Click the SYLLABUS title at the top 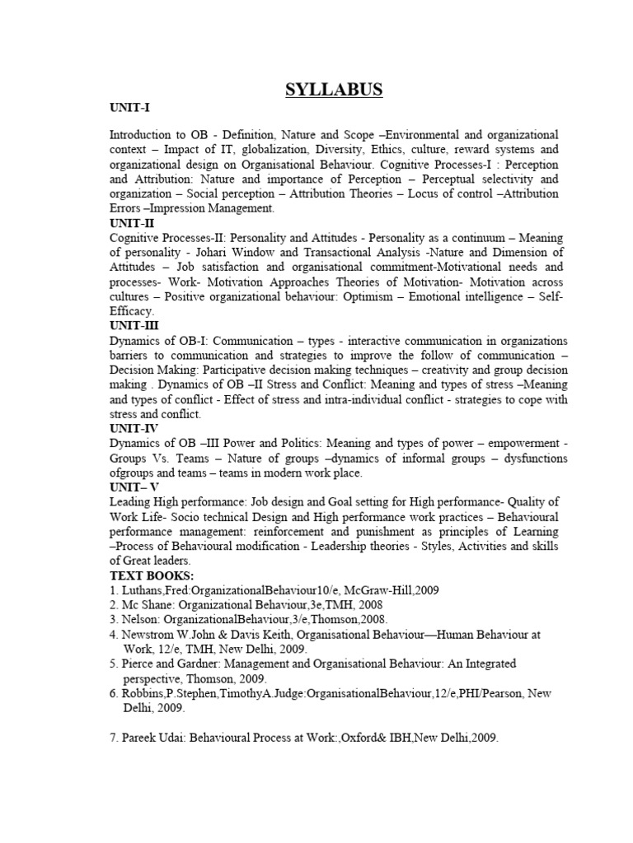point(334,90)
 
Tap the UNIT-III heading point(134,325)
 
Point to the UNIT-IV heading point(134,429)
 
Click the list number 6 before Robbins point(113,694)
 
